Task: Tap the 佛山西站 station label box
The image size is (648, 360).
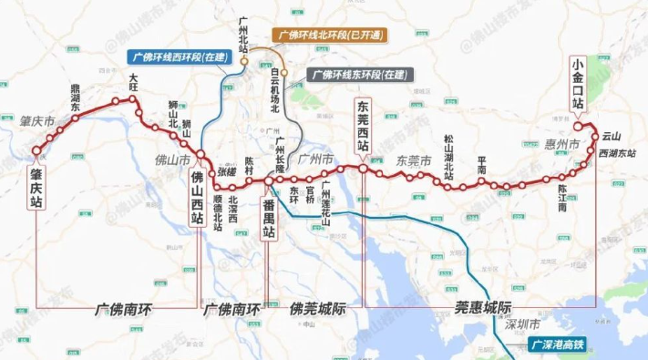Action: coord(197,204)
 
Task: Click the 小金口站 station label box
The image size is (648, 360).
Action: coord(576,84)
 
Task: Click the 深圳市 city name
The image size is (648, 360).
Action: coord(522,324)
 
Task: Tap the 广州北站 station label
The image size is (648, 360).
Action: coord(242,36)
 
